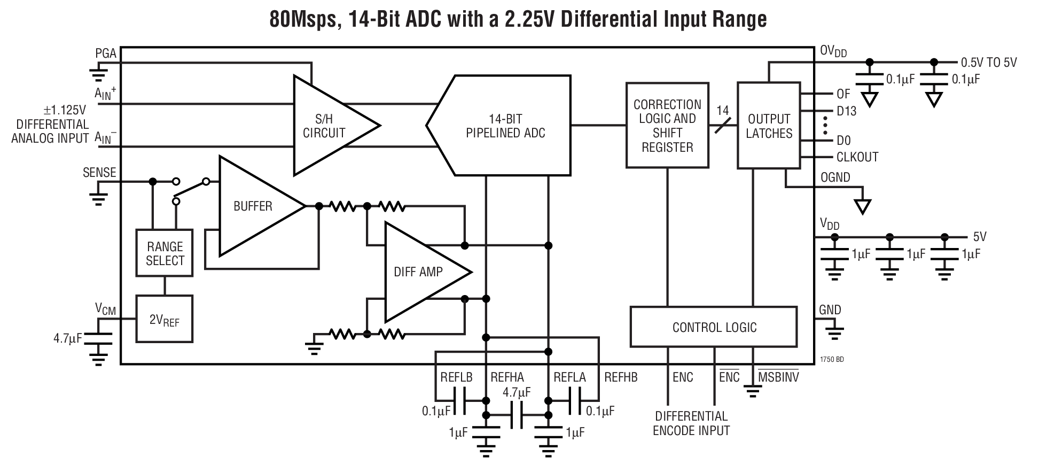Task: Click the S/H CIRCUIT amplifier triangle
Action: click(326, 126)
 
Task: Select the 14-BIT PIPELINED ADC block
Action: click(505, 126)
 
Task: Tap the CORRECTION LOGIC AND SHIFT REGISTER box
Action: click(667, 126)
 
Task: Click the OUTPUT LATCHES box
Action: click(769, 126)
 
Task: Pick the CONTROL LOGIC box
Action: click(714, 327)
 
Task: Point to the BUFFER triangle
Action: click(254, 206)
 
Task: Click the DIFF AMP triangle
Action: click(419, 272)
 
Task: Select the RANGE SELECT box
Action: click(165, 253)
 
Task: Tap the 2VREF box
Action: click(164, 320)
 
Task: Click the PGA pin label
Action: click(106, 53)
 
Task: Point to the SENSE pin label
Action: click(99, 173)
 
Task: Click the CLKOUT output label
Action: click(857, 157)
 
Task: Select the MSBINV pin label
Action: click(778, 377)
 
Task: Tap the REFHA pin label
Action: click(507, 377)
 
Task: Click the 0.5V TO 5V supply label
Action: click(989, 63)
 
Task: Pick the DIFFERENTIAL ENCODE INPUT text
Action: click(691, 423)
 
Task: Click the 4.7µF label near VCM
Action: click(68, 338)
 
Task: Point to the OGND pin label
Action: click(835, 177)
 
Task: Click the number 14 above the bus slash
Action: click(722, 111)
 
